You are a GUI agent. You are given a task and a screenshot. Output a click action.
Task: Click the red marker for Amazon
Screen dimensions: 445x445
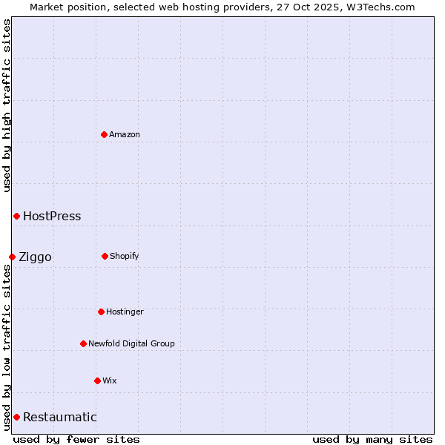coord(104,134)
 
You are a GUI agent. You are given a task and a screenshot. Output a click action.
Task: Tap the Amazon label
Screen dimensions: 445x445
coord(125,134)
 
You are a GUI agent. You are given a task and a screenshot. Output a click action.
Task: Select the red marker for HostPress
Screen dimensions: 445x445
coord(16,216)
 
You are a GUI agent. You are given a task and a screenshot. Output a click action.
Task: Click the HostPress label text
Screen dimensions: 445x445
coord(52,217)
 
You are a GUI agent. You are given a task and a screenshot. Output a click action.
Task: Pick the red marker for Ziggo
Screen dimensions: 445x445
coord(12,257)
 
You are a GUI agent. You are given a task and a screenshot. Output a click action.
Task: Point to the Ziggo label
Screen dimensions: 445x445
coord(35,257)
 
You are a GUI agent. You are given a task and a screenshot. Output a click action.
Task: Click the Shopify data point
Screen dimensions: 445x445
coord(105,256)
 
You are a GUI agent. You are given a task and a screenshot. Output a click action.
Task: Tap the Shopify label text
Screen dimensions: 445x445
coord(125,256)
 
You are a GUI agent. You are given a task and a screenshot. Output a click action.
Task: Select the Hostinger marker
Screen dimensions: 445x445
coord(101,311)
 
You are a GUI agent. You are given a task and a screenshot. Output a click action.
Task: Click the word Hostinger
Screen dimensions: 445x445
coord(125,311)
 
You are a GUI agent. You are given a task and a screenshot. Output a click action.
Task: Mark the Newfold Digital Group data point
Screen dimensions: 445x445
coord(83,343)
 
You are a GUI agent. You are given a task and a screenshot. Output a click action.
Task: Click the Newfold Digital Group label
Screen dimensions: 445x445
coord(131,343)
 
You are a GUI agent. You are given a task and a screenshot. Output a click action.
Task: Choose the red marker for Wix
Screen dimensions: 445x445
coord(97,380)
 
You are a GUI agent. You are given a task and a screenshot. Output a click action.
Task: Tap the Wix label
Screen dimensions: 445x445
coord(110,380)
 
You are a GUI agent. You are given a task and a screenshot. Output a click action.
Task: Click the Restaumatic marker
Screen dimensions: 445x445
coord(16,417)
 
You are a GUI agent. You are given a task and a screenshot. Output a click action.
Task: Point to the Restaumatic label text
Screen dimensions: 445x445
coord(59,417)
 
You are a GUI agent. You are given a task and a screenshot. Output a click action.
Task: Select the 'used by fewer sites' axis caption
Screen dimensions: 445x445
coord(76,439)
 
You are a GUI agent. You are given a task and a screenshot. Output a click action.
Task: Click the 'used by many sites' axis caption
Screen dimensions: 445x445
coord(372,439)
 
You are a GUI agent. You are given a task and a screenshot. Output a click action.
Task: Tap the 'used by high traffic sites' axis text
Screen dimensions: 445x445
coord(7,105)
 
